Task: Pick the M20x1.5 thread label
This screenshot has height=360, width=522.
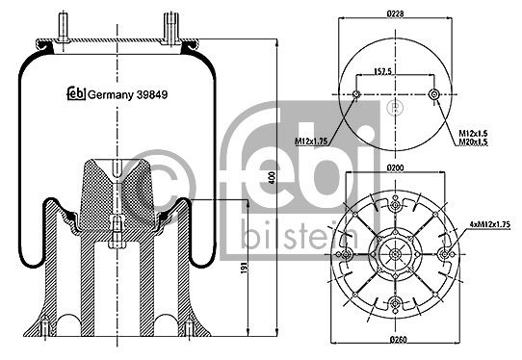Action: click(x=471, y=141)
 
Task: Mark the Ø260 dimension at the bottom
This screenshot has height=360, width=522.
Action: click(x=396, y=342)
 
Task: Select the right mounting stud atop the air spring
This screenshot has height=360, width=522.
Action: click(x=170, y=25)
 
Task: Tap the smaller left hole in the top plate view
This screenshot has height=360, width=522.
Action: click(x=356, y=94)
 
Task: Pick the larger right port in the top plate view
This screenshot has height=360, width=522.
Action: click(x=433, y=94)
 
